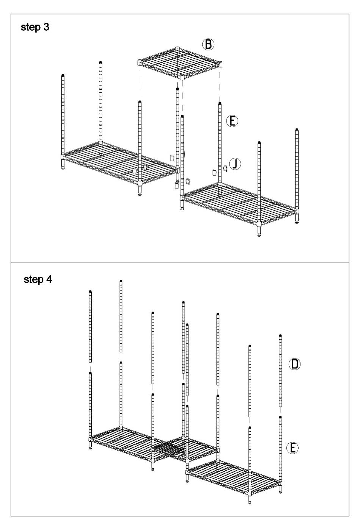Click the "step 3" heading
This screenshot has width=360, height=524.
[35, 27]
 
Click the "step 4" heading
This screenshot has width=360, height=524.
[38, 279]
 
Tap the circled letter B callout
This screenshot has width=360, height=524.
[208, 44]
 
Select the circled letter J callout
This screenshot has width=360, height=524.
[235, 164]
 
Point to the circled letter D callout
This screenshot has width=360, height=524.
[294, 364]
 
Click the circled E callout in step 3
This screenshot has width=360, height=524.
[232, 121]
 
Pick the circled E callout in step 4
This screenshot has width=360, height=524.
[293, 448]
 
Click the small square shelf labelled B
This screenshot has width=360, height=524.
[180, 63]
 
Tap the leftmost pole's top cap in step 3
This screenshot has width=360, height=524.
[63, 75]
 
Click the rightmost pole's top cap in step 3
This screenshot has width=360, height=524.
[297, 129]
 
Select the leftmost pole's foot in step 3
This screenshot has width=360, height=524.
[63, 167]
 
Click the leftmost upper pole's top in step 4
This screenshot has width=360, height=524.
[90, 292]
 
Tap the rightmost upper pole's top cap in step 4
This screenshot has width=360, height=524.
[280, 336]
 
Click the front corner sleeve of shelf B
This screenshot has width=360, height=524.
[182, 77]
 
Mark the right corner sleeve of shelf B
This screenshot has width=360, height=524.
[220, 64]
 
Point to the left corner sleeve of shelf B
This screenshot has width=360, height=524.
[139, 62]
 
